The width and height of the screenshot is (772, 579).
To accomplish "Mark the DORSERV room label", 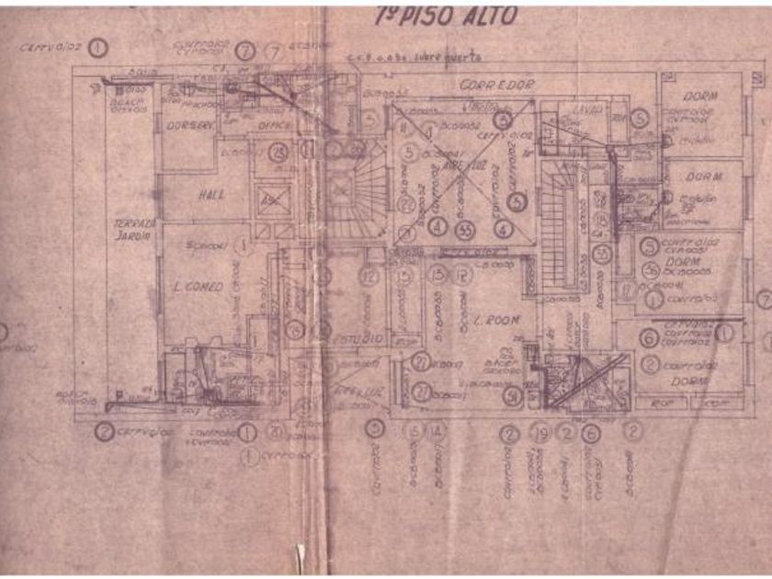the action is click(189, 124).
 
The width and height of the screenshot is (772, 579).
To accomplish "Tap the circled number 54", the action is click(512, 396).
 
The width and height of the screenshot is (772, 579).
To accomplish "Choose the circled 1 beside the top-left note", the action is click(98, 47).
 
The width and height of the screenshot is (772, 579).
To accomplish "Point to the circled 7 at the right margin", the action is click(764, 300).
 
